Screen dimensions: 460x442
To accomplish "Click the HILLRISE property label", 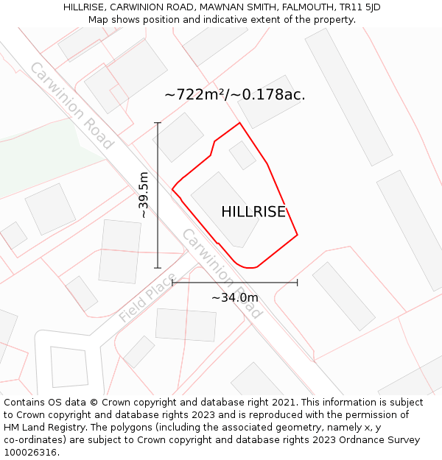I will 253,212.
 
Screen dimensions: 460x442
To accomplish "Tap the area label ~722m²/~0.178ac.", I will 234,95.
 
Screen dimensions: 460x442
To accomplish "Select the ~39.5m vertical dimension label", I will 144,194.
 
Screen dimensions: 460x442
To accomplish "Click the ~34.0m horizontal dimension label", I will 235,297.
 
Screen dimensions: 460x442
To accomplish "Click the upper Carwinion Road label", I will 71,105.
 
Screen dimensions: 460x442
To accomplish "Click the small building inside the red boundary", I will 242,155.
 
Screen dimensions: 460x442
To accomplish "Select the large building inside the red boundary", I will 225,209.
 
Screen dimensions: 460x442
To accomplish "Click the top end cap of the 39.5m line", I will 158,123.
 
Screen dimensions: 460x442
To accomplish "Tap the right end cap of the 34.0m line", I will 298,282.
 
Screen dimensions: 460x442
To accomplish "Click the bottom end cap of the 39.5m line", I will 158,268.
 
